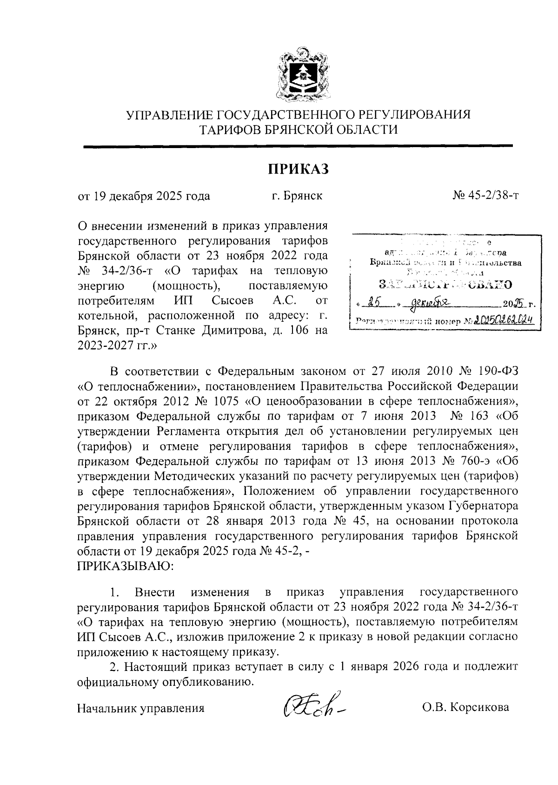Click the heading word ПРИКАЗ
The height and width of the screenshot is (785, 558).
click(298, 169)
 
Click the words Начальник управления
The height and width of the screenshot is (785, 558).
click(141, 708)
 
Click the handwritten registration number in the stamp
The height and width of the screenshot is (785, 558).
click(502, 320)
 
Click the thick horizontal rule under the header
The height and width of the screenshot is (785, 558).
click(298, 147)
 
